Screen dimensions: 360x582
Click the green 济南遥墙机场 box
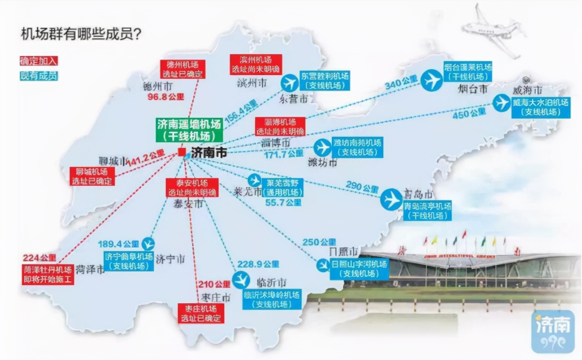click(x=189, y=129)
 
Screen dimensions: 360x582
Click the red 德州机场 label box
click(x=183, y=69)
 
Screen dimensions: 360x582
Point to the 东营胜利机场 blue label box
click(x=325, y=80)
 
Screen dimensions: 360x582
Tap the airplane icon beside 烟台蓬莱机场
click(x=431, y=80)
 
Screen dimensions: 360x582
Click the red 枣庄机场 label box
click(x=201, y=313)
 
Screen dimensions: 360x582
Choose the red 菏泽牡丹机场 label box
click(x=48, y=275)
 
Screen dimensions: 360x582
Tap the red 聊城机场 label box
click(x=92, y=176)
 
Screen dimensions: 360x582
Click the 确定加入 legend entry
click(x=39, y=61)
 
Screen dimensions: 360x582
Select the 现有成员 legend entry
click(x=39, y=76)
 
